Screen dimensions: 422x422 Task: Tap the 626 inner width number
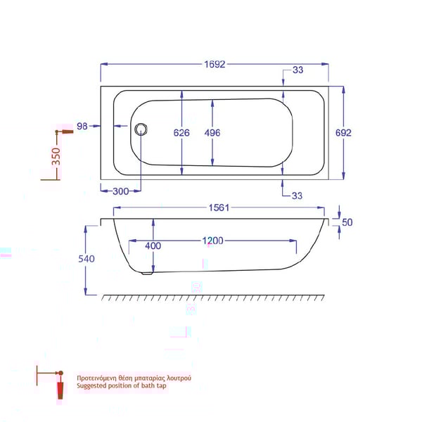[183, 132]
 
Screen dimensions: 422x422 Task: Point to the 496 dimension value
[214, 132]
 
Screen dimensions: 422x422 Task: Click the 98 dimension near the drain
[82, 127]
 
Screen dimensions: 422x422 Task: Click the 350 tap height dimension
[56, 157]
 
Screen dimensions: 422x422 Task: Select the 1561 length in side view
[219, 207]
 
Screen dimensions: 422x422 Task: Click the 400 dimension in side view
[153, 246]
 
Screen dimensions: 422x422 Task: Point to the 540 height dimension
[87, 259]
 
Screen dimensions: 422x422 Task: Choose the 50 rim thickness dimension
[346, 222]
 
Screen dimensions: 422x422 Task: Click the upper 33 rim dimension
[298, 70]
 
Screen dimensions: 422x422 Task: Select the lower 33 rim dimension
[296, 196]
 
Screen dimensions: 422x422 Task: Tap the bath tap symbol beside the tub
[65, 132]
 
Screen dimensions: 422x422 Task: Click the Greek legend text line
[133, 378]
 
